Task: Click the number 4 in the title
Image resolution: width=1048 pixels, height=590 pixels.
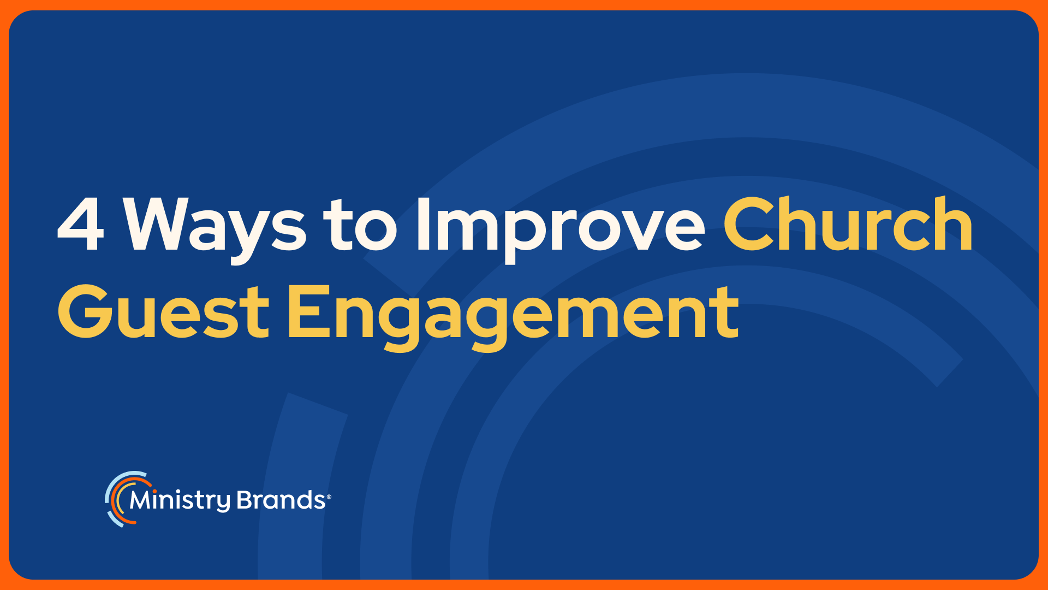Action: (x=80, y=225)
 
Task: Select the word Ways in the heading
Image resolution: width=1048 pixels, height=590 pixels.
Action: (x=215, y=230)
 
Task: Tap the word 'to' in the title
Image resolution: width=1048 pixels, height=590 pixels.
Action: (x=360, y=225)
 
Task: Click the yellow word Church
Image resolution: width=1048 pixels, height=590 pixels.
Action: (x=848, y=223)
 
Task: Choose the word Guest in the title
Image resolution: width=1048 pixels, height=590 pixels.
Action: (x=164, y=311)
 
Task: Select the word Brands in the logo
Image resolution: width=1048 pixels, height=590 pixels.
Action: (x=281, y=500)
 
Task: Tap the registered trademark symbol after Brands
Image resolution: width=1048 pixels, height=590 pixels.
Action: (x=329, y=497)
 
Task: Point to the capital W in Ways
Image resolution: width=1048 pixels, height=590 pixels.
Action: (x=159, y=225)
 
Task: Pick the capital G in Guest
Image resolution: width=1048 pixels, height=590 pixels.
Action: (x=85, y=311)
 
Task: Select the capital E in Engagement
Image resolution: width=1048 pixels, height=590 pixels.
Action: (x=309, y=311)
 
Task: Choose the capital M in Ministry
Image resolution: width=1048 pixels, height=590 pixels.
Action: (x=141, y=500)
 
